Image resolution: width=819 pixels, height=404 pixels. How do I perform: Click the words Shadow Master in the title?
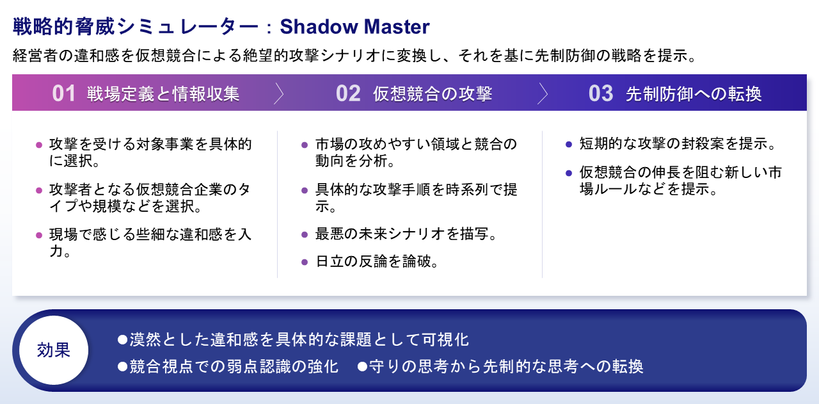[354, 27]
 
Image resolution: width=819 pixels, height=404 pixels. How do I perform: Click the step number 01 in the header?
[64, 93]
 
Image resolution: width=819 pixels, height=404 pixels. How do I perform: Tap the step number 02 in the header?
[348, 93]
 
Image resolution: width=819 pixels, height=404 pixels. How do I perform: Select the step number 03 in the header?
[601, 93]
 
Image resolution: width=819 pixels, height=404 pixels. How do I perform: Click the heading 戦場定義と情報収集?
[163, 93]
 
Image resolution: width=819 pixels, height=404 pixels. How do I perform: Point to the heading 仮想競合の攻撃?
[433, 93]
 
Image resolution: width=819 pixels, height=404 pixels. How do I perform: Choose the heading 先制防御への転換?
[694, 93]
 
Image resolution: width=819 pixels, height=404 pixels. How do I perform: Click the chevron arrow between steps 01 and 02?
[278, 93]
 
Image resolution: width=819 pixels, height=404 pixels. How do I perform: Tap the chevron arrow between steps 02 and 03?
[543, 93]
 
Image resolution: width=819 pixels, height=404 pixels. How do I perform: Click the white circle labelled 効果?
[54, 350]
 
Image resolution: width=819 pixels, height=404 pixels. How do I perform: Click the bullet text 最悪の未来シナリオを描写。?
[407, 234]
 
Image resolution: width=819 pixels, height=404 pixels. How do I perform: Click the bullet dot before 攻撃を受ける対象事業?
[39, 145]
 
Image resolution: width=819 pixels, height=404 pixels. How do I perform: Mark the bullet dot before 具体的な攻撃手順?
[305, 190]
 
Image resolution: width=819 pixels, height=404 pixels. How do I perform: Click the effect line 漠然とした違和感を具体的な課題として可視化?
[299, 339]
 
